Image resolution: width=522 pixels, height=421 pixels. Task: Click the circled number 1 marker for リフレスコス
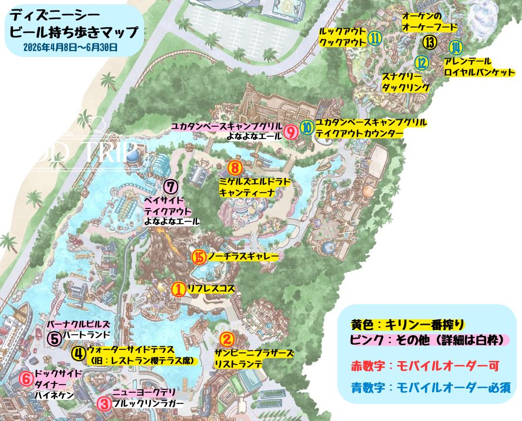[x=178, y=289]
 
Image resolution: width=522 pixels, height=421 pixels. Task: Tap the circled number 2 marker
[x=227, y=339]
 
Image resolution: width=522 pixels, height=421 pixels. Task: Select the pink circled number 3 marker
[x=103, y=403]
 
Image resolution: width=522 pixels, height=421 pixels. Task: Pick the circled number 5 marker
[x=54, y=339]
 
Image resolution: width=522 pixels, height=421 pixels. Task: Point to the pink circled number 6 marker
[x=26, y=379]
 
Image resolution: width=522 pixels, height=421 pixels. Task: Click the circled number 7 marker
[x=170, y=187]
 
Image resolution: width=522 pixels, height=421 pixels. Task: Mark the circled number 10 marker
[x=307, y=127]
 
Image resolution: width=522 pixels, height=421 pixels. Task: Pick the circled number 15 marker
[x=199, y=257]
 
